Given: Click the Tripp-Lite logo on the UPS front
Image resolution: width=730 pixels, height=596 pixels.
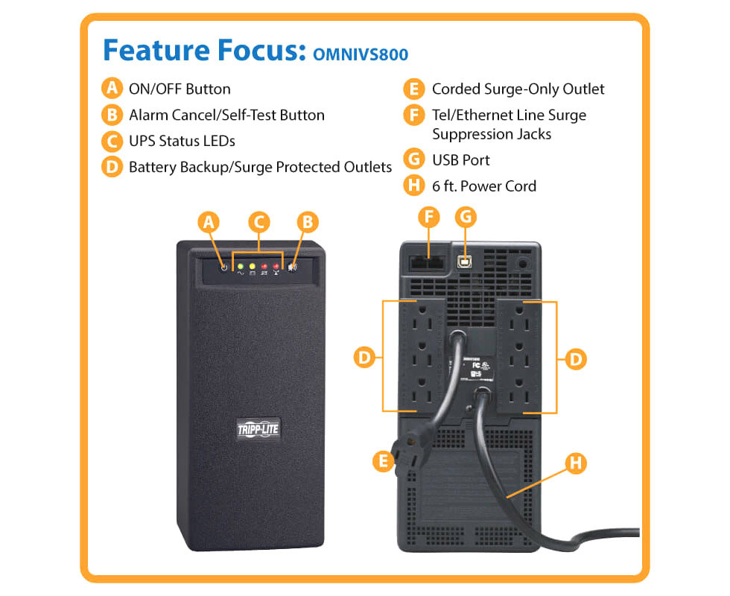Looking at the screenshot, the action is (258, 429).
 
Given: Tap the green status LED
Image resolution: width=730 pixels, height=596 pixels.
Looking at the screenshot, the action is (240, 267).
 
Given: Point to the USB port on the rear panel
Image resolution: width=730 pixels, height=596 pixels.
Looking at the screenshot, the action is (464, 261).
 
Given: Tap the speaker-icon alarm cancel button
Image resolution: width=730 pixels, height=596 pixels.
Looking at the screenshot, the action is (292, 267).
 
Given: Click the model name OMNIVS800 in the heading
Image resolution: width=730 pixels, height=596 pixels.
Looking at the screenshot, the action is (361, 54).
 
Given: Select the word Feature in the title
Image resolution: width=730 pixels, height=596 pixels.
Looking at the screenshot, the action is (156, 50).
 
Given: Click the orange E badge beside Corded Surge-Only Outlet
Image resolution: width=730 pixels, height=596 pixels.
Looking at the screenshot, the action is (414, 89).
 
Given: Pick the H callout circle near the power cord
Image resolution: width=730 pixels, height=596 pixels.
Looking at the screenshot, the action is (576, 463).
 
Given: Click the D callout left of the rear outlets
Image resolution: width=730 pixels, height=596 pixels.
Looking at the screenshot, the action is (364, 358).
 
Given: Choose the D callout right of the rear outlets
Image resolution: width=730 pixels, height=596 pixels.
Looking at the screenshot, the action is (575, 359).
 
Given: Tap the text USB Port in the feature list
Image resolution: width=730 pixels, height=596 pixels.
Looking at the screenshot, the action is (460, 160).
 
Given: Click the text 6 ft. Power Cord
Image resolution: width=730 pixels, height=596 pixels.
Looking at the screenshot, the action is (484, 186).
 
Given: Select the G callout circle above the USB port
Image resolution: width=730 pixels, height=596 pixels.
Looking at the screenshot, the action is (466, 217).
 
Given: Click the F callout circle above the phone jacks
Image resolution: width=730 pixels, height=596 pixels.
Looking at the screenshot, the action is (428, 217).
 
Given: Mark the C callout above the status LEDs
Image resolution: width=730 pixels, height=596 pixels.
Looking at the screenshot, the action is (259, 222).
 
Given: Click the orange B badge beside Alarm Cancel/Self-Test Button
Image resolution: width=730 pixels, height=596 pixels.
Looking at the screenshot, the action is (112, 115).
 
